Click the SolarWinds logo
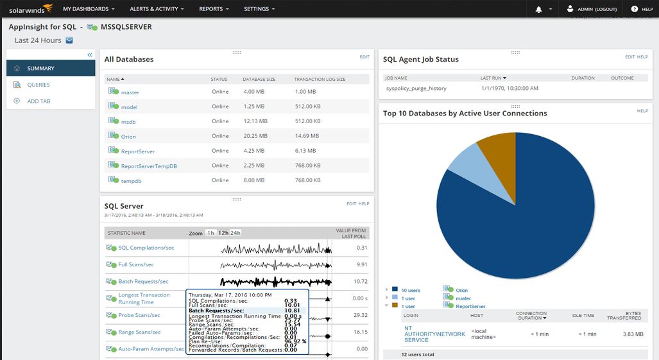coord(26,9)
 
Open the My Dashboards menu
coord(89,9)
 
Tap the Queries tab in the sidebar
coord(38,85)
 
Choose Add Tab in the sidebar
coord(39,101)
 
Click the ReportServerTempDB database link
coord(149,166)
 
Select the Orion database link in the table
coord(128,137)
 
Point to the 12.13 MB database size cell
coord(254,121)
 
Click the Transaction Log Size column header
coord(320,79)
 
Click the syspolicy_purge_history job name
coord(416,89)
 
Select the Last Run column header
coord(493,78)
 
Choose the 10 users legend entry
coord(411,291)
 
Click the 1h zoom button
coord(210,233)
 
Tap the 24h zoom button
coord(235,233)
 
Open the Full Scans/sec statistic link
coord(136,264)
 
